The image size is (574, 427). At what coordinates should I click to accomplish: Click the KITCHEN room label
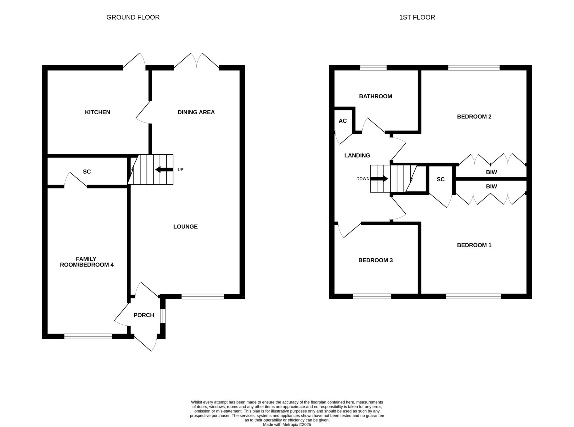(98, 112)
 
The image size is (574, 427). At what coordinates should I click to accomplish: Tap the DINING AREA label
(196, 112)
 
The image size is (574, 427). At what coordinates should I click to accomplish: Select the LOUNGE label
(186, 227)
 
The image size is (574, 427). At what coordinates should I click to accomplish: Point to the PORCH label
(144, 315)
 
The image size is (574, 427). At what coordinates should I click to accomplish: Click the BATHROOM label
(376, 96)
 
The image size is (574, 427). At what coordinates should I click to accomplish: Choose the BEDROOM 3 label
(376, 260)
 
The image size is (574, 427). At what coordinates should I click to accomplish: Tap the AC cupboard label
(343, 121)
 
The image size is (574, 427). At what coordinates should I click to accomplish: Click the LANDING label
(357, 156)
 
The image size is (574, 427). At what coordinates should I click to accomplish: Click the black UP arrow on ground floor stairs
(164, 170)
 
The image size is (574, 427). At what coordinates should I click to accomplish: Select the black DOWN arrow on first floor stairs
(379, 178)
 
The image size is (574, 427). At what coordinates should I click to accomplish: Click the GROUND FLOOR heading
(133, 17)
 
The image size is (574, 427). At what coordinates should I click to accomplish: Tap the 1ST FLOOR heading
(417, 17)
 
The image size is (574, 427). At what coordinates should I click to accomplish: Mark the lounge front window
(203, 296)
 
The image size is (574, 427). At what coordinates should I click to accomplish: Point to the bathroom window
(373, 68)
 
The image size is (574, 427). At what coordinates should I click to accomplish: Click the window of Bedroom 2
(474, 68)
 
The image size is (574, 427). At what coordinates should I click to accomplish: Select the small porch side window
(163, 316)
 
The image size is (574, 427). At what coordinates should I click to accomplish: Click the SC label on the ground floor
(87, 172)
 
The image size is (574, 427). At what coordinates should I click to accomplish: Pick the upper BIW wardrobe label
(491, 172)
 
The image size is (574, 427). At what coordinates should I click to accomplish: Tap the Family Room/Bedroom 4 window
(88, 337)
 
